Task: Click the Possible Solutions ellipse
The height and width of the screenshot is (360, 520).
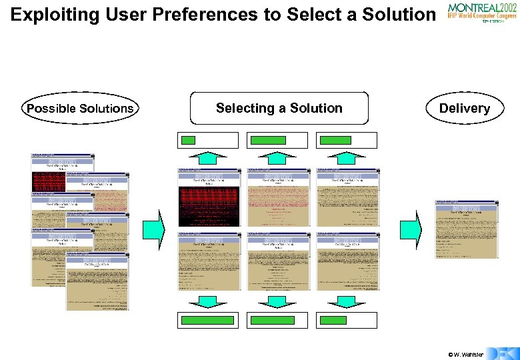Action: point(79,109)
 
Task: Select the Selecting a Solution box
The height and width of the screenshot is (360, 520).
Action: point(279,108)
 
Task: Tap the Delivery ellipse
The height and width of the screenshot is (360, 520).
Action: point(464,109)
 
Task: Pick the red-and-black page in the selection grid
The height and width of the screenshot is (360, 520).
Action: point(208,197)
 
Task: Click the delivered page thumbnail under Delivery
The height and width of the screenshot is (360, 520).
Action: point(467,229)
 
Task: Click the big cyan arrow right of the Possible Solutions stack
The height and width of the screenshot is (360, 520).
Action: point(153,229)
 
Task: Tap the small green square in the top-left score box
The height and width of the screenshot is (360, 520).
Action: point(189,140)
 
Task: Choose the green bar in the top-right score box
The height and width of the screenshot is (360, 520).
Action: point(335,140)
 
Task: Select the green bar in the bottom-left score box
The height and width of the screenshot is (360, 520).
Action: point(207,320)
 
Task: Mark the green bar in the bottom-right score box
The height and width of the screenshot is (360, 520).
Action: point(333,320)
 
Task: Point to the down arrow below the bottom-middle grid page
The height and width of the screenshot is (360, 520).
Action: point(277,301)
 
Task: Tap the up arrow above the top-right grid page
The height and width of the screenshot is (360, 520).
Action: point(347,157)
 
